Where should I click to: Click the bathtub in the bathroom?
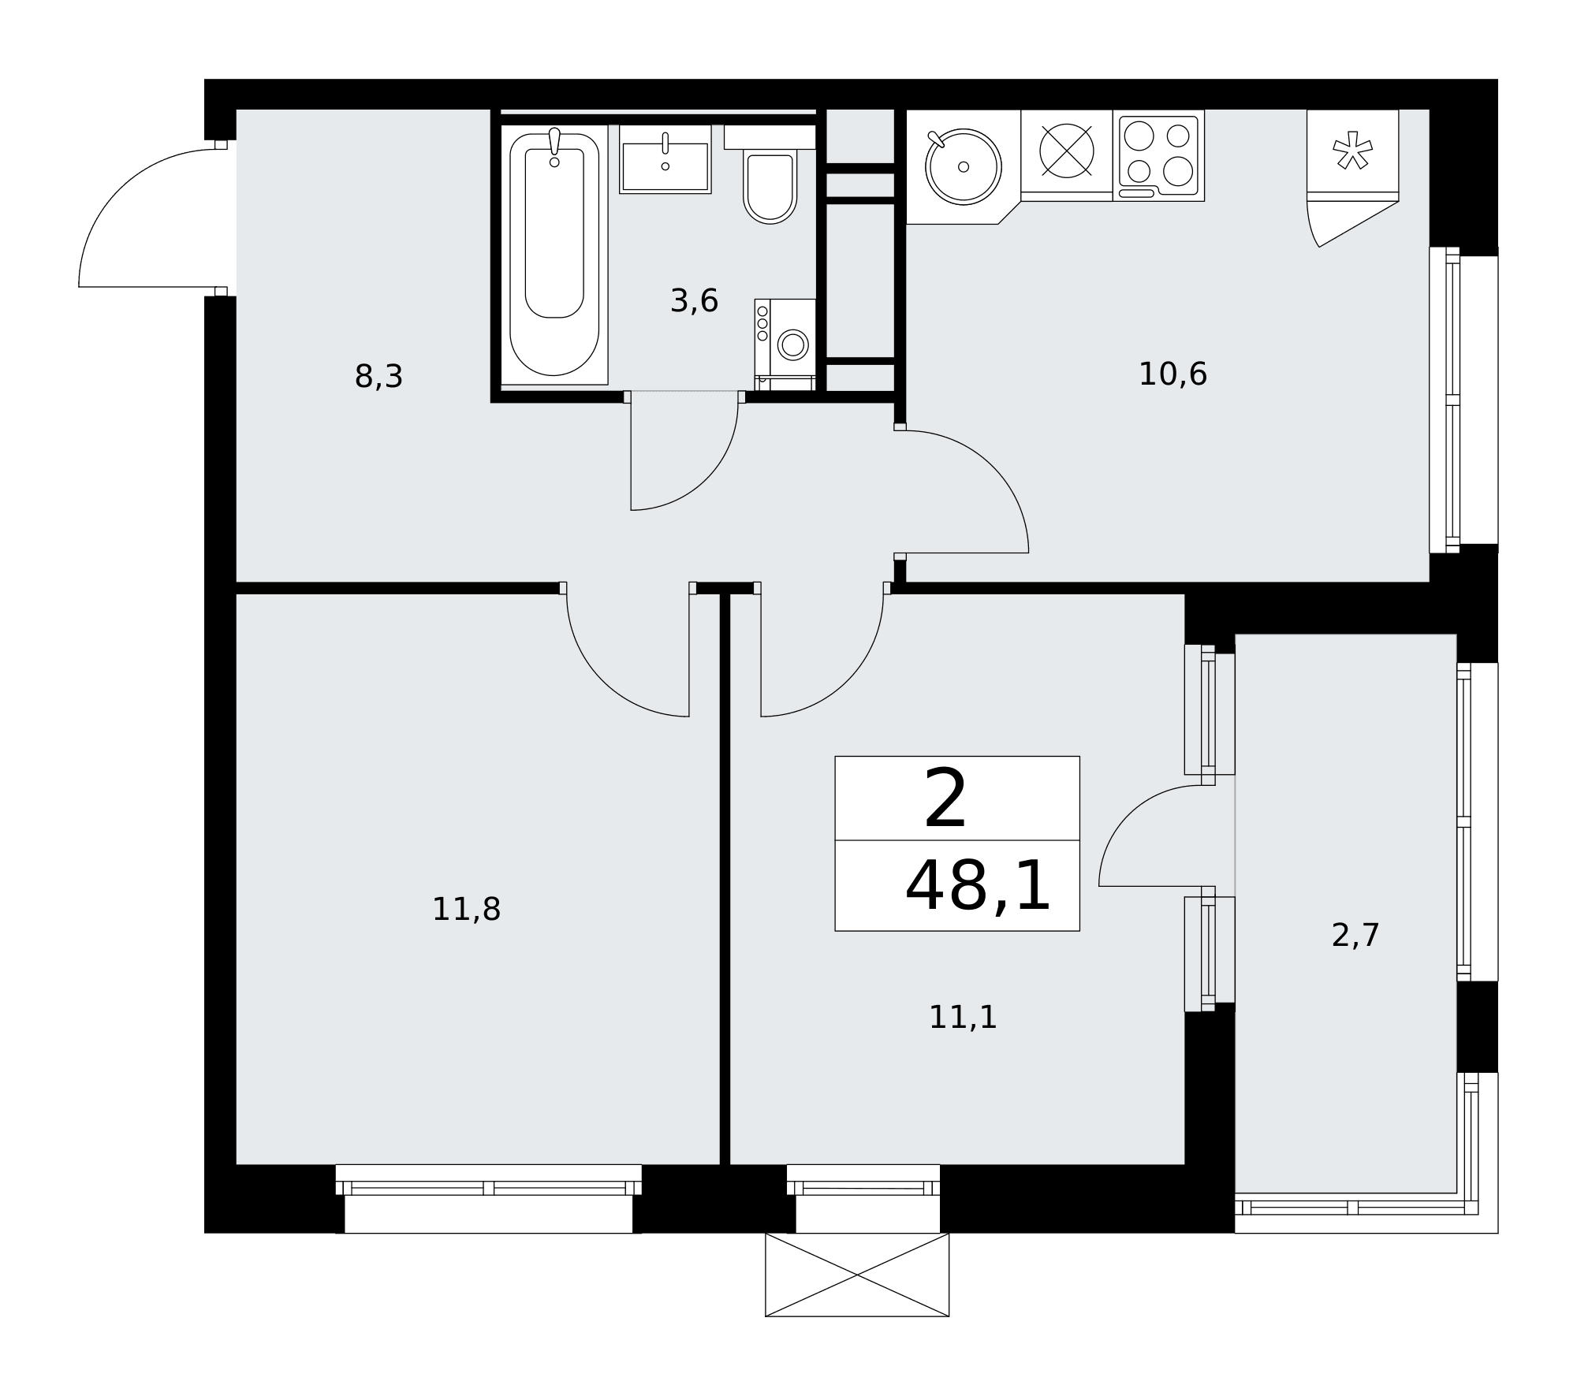[x=554, y=255]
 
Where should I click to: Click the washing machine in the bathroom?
[x=785, y=344]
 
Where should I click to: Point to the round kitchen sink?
[x=963, y=167]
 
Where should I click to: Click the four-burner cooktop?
[x=1158, y=156]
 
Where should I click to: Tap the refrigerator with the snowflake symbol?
[x=1352, y=156]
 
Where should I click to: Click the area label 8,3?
[x=378, y=377]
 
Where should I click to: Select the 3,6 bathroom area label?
[x=694, y=301]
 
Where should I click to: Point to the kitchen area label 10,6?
[x=1172, y=374]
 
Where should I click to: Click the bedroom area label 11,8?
[x=466, y=910]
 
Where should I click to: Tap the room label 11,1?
[x=963, y=1018]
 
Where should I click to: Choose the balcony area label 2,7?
[x=1355, y=936]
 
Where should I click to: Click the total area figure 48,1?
[x=978, y=886]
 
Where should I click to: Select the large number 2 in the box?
[x=945, y=799]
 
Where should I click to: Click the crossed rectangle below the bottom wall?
[x=857, y=1275]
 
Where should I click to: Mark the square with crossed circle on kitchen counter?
[x=1067, y=152]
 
